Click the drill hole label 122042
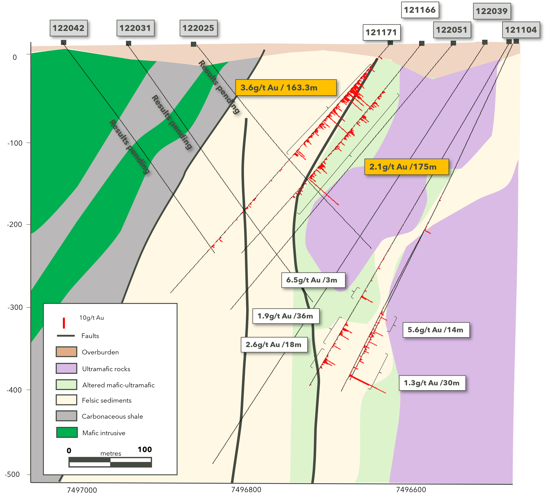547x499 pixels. (68, 28)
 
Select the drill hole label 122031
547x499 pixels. (135, 28)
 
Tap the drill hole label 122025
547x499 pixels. (198, 28)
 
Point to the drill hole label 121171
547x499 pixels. (381, 33)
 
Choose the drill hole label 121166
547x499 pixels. (420, 10)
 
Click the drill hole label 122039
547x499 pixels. (492, 11)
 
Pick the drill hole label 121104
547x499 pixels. (521, 30)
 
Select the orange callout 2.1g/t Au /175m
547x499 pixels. (406, 167)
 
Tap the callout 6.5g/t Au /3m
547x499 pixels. (313, 280)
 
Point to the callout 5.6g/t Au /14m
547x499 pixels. (436, 330)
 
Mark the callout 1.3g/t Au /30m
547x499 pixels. (432, 383)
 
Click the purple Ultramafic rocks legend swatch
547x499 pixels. (66, 368)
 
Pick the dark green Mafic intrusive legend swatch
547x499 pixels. (67, 432)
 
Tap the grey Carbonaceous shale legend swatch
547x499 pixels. (66, 416)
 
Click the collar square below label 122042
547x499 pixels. (63, 42)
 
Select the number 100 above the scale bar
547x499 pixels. (145, 449)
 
